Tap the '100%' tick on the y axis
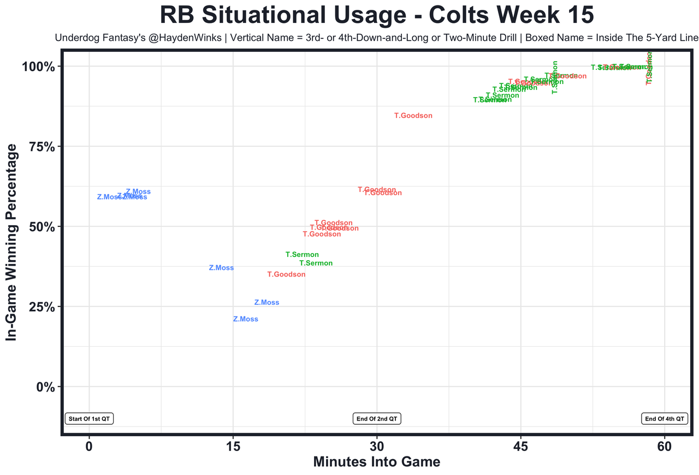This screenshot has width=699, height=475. pyautogui.click(x=38, y=67)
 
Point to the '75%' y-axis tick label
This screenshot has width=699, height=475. pyautogui.click(x=42, y=147)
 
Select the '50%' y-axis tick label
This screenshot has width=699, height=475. pyautogui.click(x=42, y=227)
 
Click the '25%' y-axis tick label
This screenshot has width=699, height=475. pyautogui.click(x=42, y=307)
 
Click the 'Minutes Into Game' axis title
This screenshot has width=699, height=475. pyautogui.click(x=376, y=462)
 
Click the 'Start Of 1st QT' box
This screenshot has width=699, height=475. pyautogui.click(x=89, y=419)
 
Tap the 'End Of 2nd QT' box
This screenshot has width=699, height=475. pyautogui.click(x=377, y=419)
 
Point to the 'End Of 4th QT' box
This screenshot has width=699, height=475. pyautogui.click(x=664, y=419)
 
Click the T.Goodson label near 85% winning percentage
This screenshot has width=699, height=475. pyautogui.click(x=413, y=116)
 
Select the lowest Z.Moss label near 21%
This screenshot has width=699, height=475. pyautogui.click(x=245, y=319)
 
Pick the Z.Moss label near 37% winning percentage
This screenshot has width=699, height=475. pyautogui.click(x=221, y=268)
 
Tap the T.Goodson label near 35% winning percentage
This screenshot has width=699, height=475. pyautogui.click(x=286, y=274)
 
